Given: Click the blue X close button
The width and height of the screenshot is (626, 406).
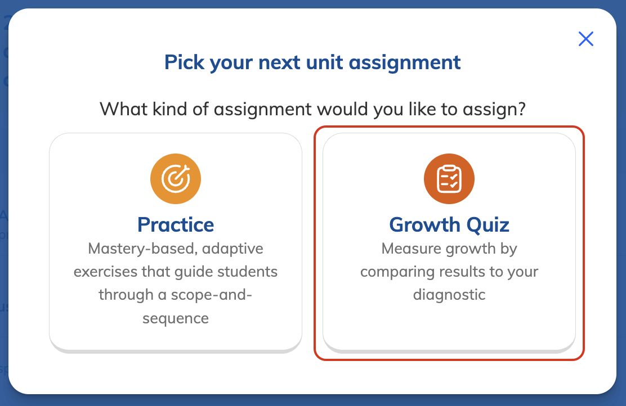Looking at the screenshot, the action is tap(585, 39).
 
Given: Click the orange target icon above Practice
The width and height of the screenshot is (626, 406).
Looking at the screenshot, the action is tap(176, 179).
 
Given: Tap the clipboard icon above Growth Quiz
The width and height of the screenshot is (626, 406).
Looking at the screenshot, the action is tap(449, 179).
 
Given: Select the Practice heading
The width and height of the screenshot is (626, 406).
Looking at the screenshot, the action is tap(176, 224).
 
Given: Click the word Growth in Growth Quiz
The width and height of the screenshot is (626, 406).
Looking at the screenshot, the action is tap(424, 224).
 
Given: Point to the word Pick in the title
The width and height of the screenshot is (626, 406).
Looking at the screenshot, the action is tap(185, 62).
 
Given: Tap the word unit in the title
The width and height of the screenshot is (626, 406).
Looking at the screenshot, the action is tap(324, 62).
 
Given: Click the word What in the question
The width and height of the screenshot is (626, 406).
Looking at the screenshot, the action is tap(123, 109).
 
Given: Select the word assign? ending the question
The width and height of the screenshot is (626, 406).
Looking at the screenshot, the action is tap(494, 110).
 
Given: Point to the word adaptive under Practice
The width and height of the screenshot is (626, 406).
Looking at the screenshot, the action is tap(232, 249).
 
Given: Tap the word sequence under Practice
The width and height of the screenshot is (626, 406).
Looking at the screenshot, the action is tap(176, 319).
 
